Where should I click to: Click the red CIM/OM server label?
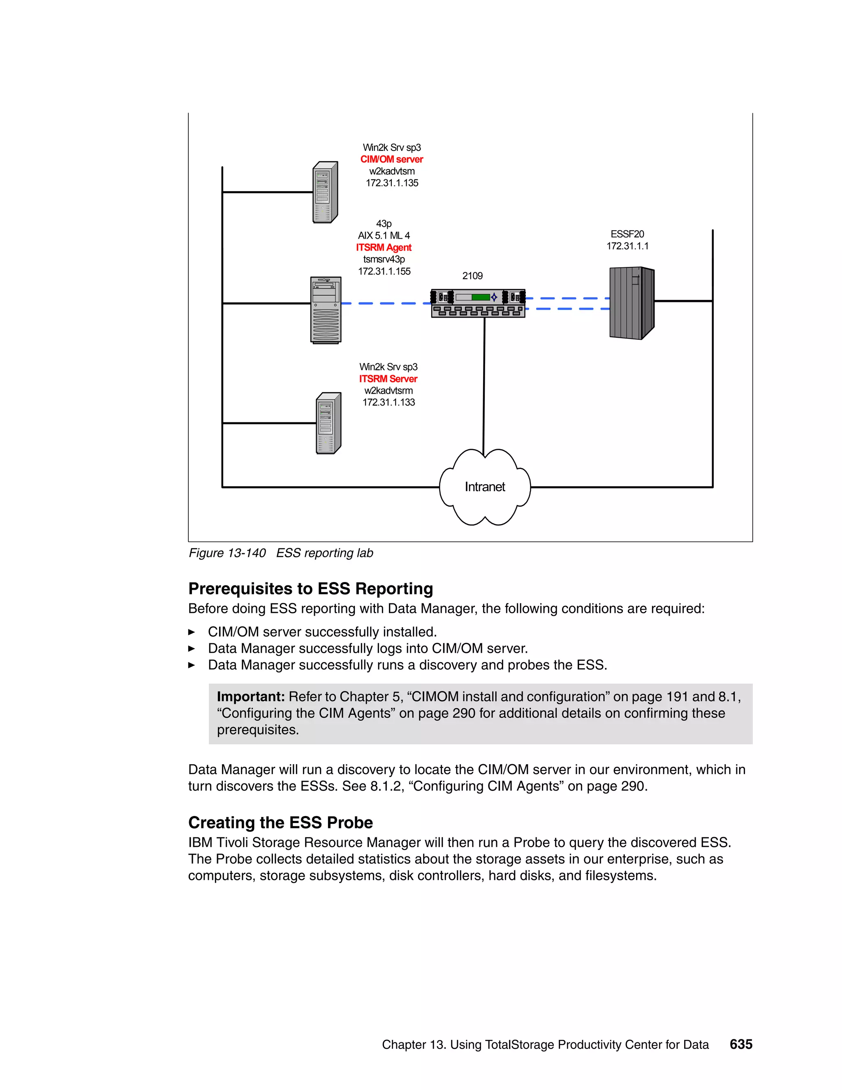[x=391, y=159]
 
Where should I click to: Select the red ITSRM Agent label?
[x=384, y=248]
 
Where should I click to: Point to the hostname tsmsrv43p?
[x=384, y=259]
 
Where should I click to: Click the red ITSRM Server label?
[x=388, y=379]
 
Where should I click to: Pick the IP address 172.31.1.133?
[x=389, y=402]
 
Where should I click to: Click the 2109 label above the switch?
[x=472, y=276]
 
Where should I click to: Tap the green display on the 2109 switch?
[x=480, y=297]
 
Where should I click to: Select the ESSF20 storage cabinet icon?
[x=631, y=303]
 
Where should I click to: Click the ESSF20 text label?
[x=627, y=234]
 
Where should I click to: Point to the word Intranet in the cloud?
[x=485, y=487]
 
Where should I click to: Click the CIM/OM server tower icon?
[x=325, y=192]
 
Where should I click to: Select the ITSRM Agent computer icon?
[x=326, y=310]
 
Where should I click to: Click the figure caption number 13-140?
[x=246, y=553]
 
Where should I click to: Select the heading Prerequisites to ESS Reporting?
[x=310, y=589]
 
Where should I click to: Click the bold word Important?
[x=250, y=697]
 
